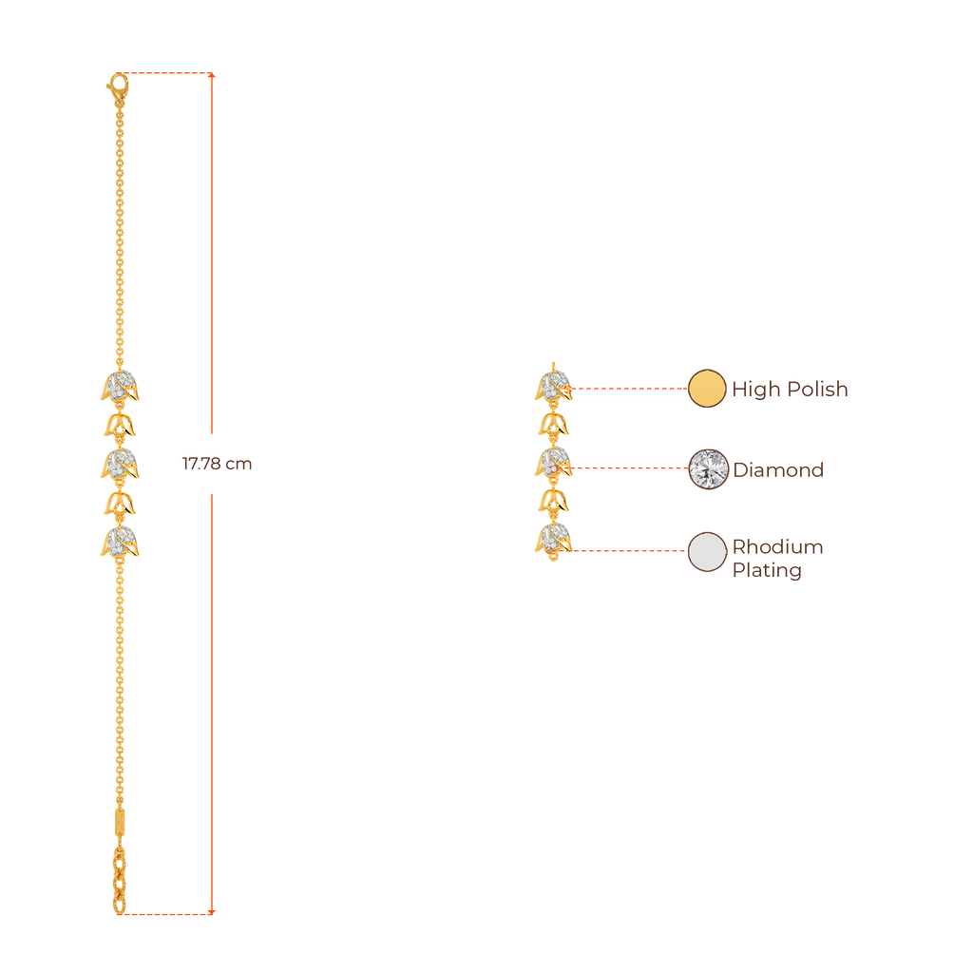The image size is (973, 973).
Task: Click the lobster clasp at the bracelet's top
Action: point(117,90)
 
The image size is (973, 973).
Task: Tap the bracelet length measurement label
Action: point(217,465)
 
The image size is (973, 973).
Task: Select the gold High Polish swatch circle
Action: point(706,389)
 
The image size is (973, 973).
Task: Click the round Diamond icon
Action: point(707,468)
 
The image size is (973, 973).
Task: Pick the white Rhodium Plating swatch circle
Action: point(706,551)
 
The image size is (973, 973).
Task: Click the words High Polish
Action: point(790,390)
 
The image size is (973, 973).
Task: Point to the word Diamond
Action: point(778,469)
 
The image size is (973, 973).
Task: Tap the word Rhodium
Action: point(777,547)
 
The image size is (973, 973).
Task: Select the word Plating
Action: point(767,571)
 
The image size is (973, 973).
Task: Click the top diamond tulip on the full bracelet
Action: point(121,387)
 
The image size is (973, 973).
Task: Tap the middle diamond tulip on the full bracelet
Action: point(121,464)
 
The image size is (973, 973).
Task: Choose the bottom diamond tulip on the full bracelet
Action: point(121,542)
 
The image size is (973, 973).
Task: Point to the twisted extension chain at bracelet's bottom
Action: point(119,879)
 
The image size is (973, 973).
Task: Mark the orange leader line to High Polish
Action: point(627,389)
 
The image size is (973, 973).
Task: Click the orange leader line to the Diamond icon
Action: point(627,468)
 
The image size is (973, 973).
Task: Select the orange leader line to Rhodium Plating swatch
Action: point(627,550)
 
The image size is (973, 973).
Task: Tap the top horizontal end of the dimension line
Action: point(166,73)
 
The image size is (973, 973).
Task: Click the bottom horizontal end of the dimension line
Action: point(166,914)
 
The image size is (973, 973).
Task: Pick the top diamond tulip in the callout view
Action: point(552,385)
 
